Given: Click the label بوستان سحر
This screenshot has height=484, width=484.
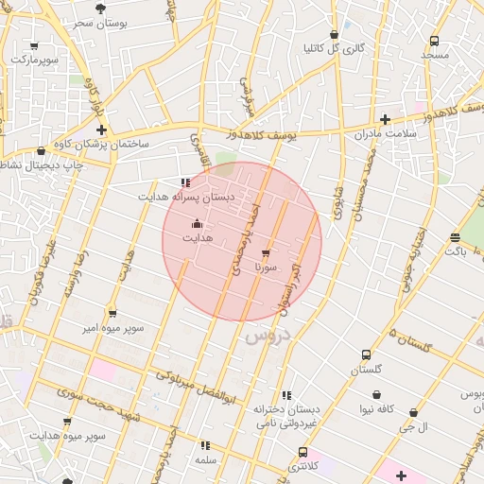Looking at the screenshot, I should pos(101,21).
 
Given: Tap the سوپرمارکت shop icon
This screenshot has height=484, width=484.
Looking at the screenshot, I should pos(35,45).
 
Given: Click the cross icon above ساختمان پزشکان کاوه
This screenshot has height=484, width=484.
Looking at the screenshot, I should pos(101,130).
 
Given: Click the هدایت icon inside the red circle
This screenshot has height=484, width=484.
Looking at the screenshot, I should pos(197,224).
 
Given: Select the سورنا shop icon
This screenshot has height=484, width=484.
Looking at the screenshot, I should pos(265,253).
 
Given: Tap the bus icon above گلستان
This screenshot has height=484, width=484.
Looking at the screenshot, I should pos(366,354).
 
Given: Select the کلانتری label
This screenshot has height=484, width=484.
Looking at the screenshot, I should pos(302,466).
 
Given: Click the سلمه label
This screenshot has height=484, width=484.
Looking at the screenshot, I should pos(205,459).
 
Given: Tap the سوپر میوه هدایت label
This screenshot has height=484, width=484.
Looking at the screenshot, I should pos(66,436).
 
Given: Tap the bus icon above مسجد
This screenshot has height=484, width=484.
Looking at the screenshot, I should pos(434,42).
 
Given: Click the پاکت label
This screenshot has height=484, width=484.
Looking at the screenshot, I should pos(456,251).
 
